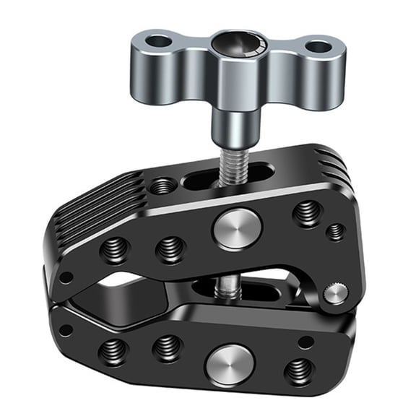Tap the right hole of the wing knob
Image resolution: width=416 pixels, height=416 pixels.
click(x=318, y=48)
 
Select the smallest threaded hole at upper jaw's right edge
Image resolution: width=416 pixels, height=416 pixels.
click(x=335, y=232)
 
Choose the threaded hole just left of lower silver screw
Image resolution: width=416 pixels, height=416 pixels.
click(x=167, y=349)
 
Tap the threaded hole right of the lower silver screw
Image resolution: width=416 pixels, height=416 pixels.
click(x=299, y=372)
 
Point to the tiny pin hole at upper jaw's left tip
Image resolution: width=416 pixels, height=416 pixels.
click(x=65, y=277)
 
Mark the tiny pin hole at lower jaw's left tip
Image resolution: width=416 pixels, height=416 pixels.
click(x=66, y=330)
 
